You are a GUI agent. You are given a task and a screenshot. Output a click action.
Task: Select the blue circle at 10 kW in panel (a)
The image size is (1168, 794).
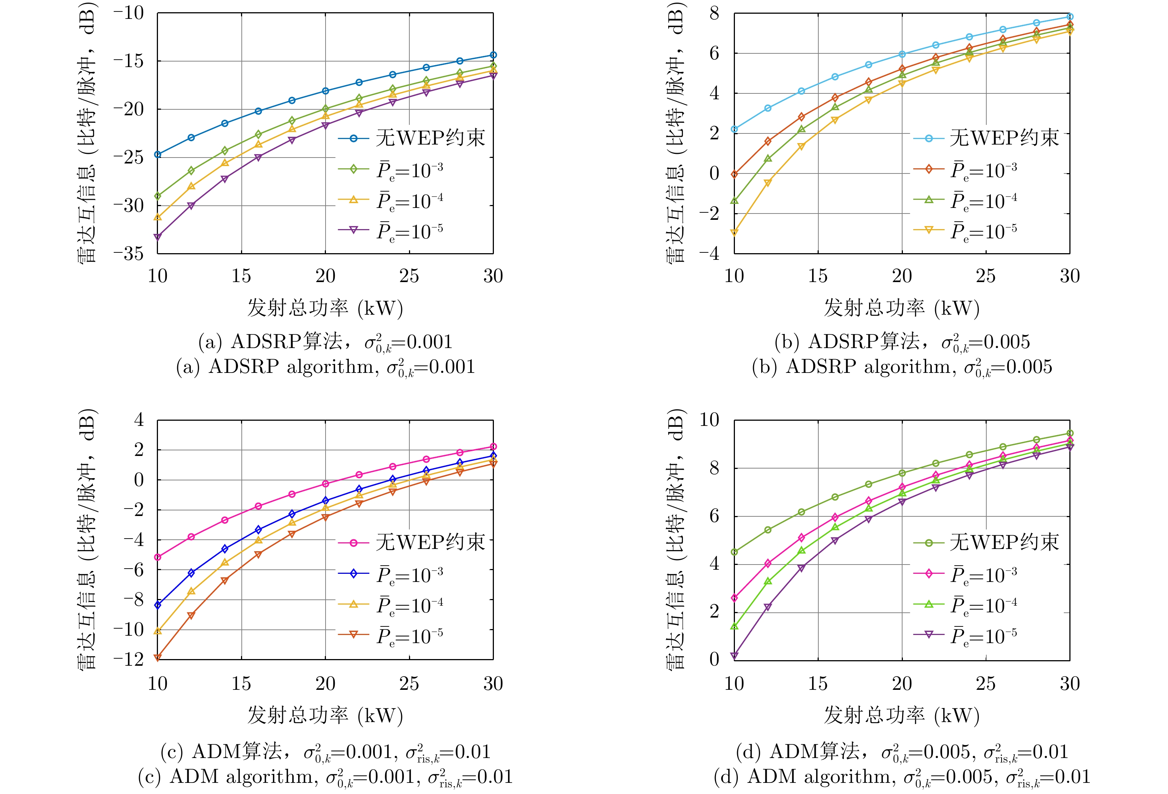157,154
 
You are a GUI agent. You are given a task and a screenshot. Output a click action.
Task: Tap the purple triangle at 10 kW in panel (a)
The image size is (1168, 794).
157,237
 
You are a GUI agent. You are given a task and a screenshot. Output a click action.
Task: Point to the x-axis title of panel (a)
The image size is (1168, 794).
325,308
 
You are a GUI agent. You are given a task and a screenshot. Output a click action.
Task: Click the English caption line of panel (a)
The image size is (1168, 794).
325,367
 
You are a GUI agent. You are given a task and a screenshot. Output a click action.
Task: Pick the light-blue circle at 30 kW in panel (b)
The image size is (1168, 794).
1069,17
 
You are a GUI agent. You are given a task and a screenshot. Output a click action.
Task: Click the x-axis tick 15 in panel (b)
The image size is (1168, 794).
818,276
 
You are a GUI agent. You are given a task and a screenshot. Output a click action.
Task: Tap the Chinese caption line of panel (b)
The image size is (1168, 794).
902,342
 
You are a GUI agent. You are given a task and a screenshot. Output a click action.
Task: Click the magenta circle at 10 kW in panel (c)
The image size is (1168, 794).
157,557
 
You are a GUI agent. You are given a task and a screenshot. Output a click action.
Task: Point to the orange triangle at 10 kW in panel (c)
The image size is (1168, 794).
157,657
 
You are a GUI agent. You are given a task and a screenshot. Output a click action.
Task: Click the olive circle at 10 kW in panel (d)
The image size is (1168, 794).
734,552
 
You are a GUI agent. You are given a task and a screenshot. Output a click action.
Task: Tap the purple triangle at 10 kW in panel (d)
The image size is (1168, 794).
734,655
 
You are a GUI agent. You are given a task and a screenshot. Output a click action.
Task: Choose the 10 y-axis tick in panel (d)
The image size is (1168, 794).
709,420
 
